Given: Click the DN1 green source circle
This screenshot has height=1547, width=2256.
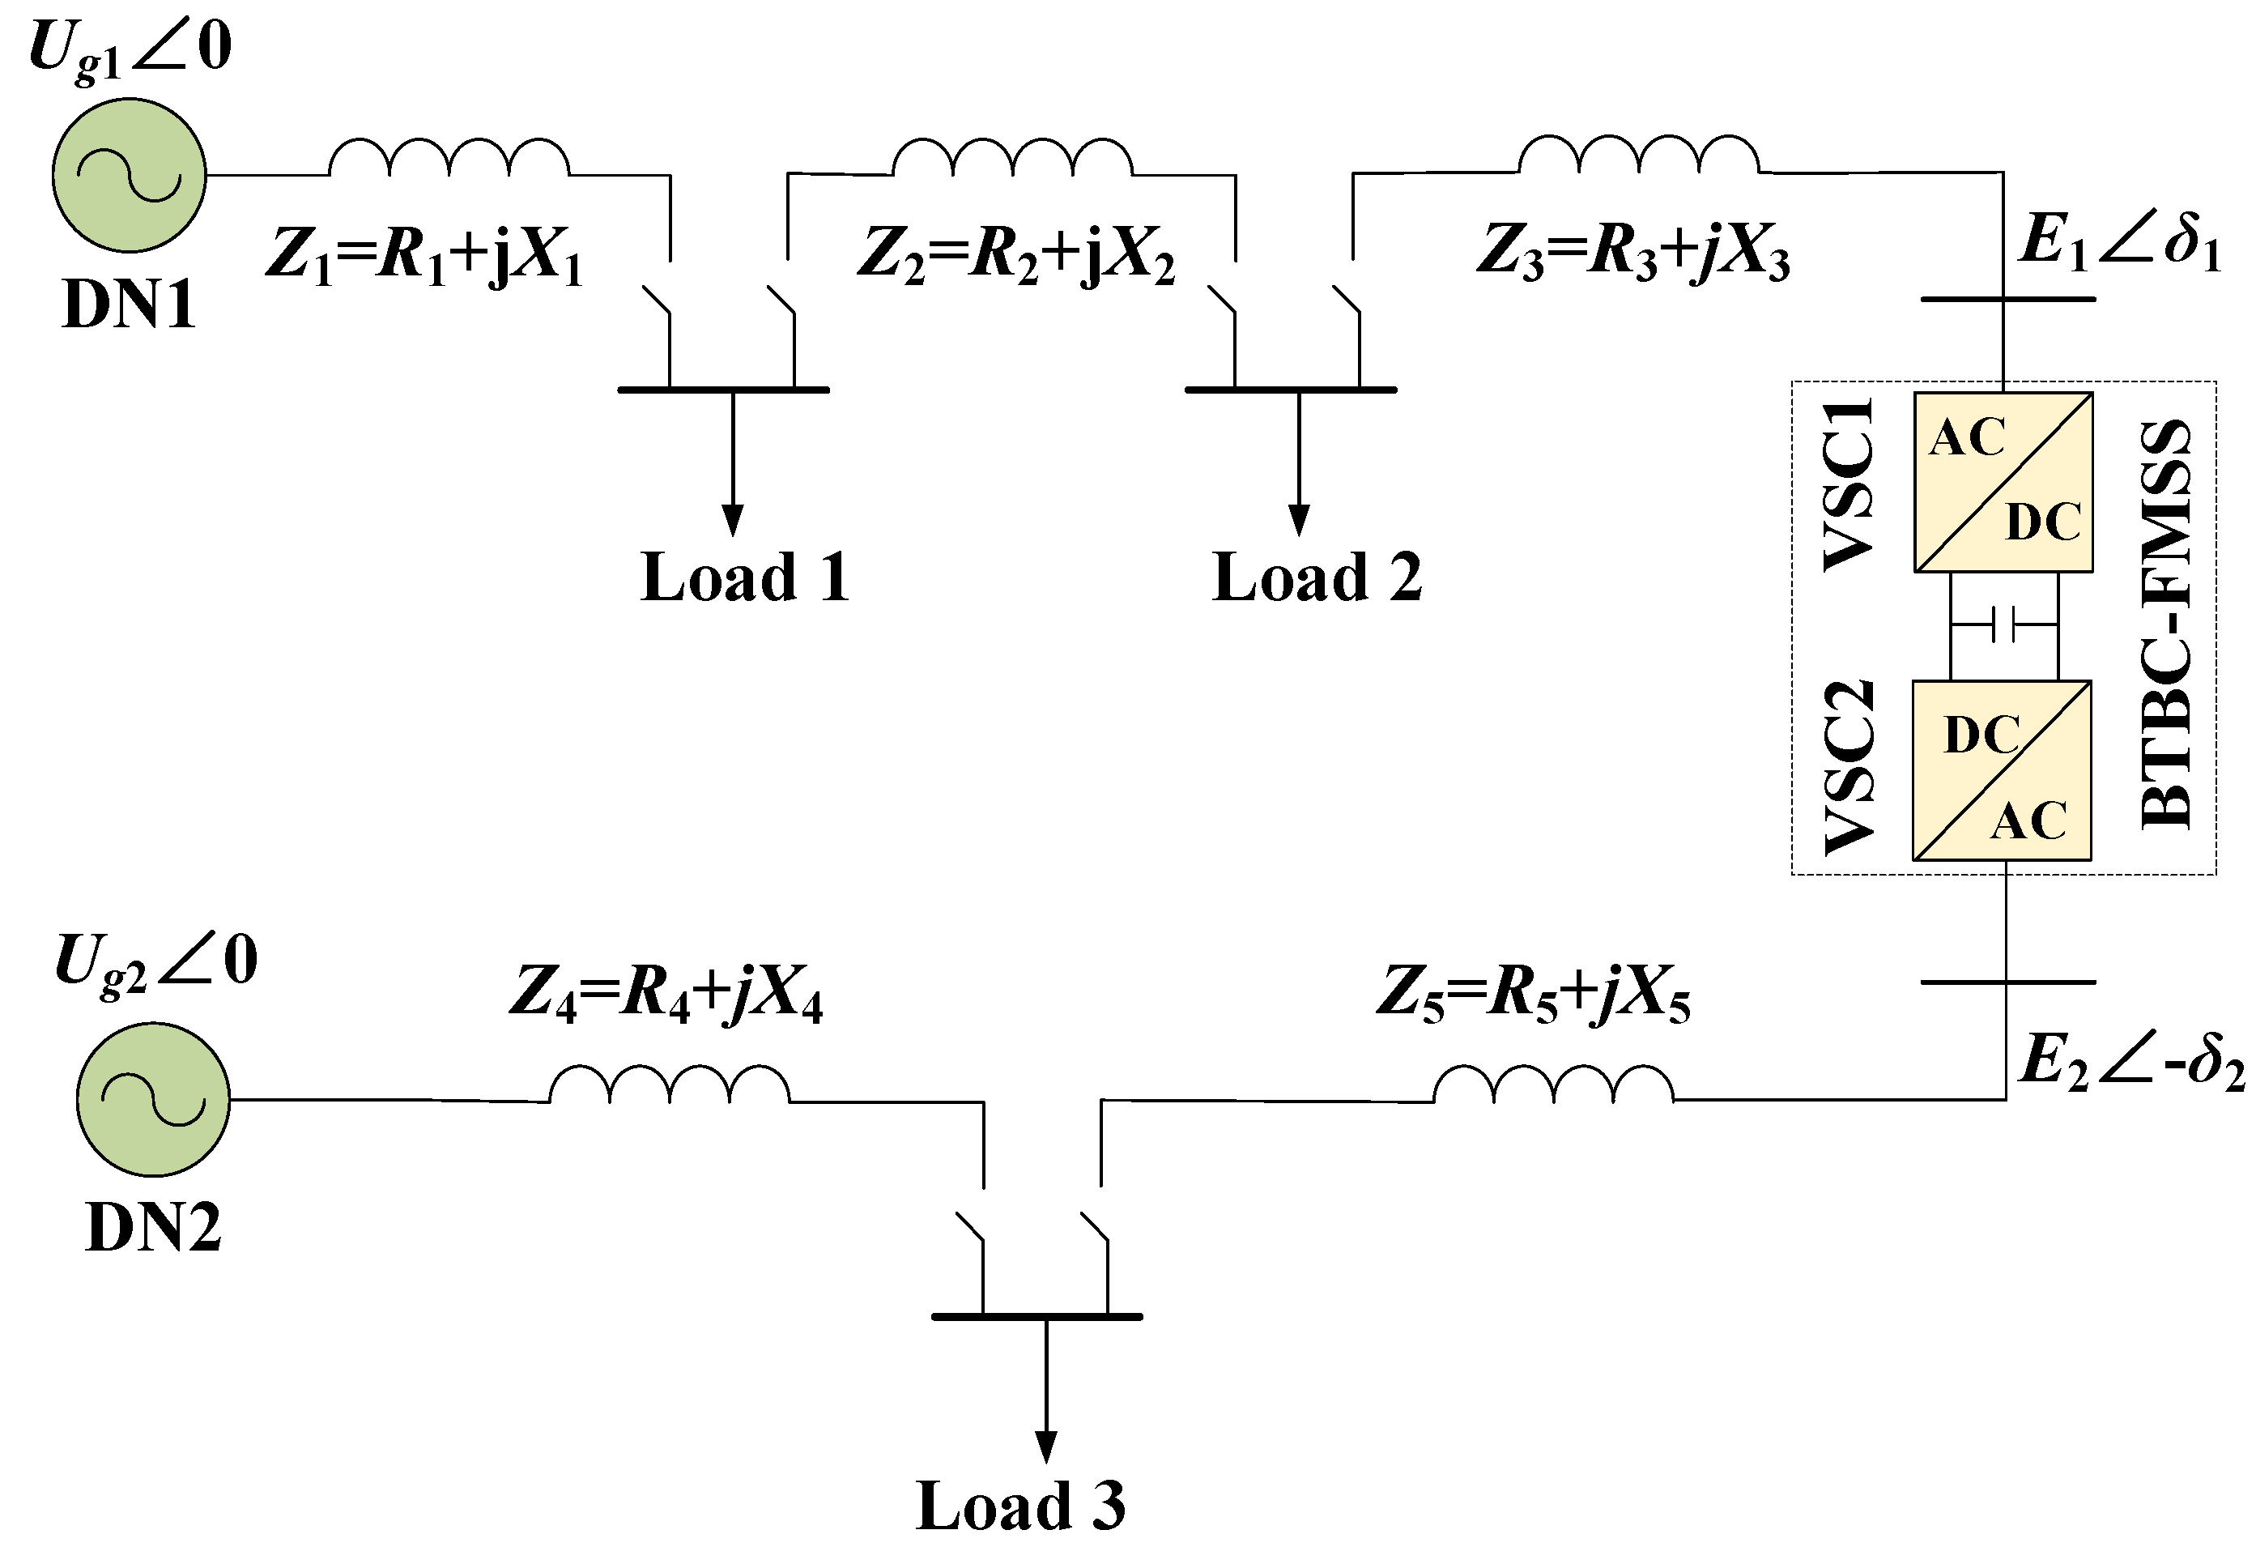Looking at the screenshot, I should tap(129, 175).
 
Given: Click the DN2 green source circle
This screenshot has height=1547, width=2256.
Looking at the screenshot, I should tap(153, 1099).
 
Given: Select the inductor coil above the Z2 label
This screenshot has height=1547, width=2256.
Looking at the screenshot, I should tap(1012, 158).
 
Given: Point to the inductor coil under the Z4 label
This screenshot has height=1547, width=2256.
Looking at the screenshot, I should tap(670, 1085).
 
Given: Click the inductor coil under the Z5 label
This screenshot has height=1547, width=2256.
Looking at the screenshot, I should tap(1553, 1085).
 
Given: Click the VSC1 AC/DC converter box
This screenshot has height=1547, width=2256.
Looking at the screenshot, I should tap(2003, 482).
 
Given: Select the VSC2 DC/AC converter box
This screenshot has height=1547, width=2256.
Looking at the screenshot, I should tap(2002, 770).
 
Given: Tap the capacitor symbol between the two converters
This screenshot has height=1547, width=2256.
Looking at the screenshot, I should tap(2003, 624).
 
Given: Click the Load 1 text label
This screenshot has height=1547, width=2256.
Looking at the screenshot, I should tap(744, 577).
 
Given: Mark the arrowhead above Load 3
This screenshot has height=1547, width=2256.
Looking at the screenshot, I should tap(1046, 1447).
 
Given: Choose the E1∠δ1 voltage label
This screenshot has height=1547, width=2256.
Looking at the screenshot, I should tap(2119, 240).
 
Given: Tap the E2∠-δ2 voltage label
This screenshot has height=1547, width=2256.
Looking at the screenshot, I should tap(2130, 1062).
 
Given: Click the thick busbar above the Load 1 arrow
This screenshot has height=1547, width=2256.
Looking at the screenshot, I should tap(723, 390).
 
